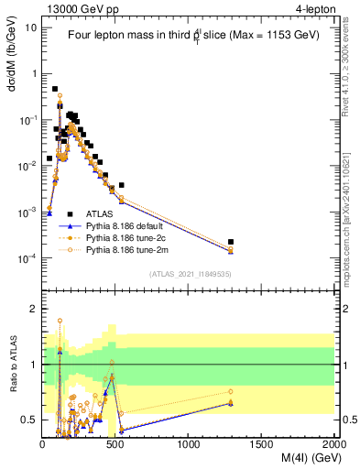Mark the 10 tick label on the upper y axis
click(30, 27)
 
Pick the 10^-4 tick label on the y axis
click(27, 259)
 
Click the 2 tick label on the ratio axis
click(35, 309)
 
